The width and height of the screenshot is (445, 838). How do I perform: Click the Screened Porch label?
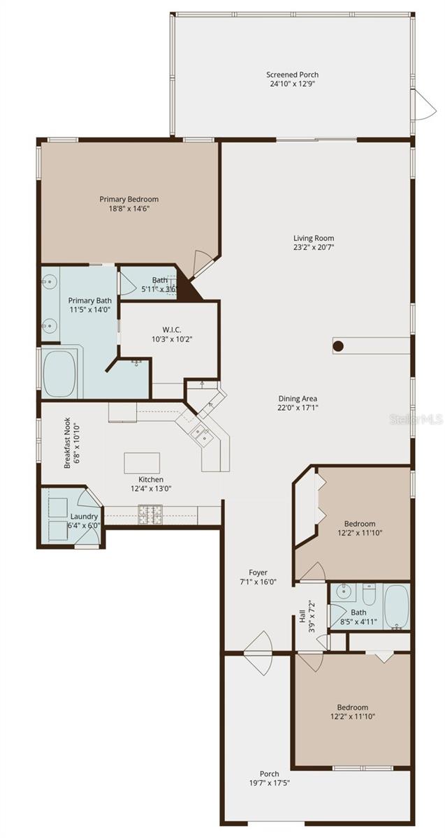(292, 75)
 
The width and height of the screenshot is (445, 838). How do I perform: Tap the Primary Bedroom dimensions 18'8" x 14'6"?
(129, 208)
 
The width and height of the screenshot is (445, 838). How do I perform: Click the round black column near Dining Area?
(338, 346)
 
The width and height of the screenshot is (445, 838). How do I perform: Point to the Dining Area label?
(299, 398)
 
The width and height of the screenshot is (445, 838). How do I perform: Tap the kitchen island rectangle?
(142, 462)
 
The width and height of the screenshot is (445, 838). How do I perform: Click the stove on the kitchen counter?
(149, 515)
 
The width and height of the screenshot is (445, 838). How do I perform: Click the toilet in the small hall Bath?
(369, 594)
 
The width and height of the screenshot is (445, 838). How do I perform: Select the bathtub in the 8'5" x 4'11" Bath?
(397, 605)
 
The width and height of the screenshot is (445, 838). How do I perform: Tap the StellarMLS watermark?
(416, 419)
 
